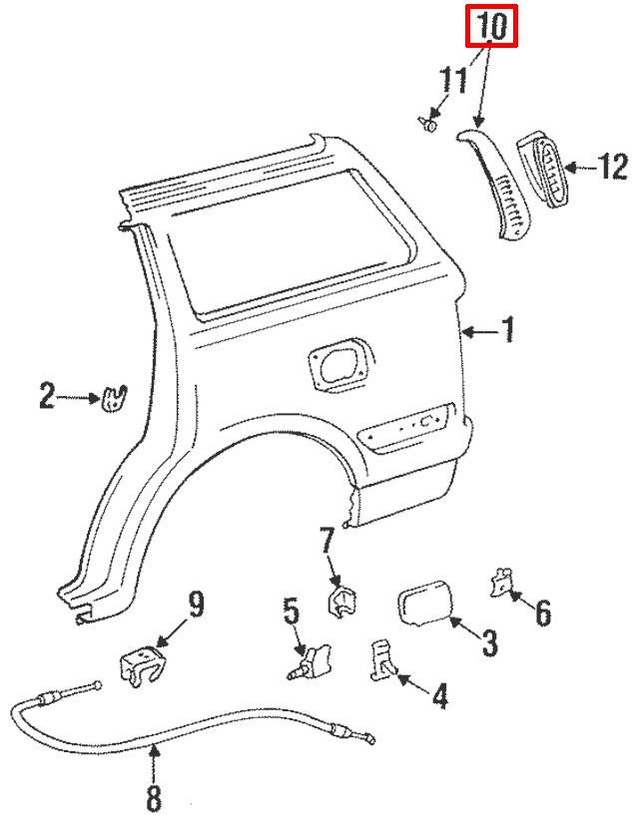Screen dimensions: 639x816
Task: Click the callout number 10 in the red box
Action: click(491, 27)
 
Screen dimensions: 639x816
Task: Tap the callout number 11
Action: click(453, 81)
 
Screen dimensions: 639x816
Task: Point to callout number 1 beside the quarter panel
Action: click(508, 329)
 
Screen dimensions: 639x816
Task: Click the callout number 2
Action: click(47, 396)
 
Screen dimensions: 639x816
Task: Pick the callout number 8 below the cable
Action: click(154, 796)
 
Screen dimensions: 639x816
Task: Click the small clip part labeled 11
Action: click(428, 124)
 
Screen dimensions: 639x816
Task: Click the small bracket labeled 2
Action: click(114, 399)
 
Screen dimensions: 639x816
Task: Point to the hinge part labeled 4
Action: click(383, 659)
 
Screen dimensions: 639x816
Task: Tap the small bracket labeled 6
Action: click(500, 583)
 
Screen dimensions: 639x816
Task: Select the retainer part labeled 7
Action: click(342, 602)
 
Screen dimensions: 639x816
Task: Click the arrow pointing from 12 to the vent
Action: click(581, 168)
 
